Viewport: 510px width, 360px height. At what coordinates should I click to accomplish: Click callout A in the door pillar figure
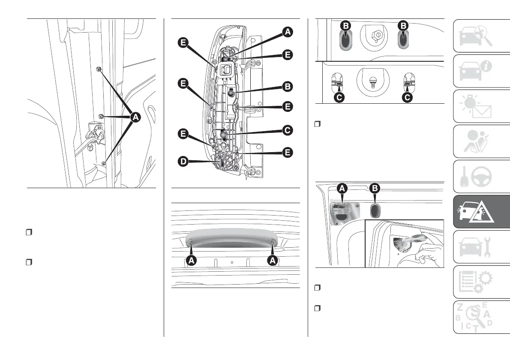click(x=135, y=117)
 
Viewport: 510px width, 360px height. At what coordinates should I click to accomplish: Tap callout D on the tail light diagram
click(x=183, y=162)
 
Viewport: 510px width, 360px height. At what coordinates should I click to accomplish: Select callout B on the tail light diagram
click(x=287, y=87)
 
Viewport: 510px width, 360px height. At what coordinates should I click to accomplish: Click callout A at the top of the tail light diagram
click(x=287, y=31)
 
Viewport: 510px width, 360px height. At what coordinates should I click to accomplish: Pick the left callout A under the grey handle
click(x=191, y=260)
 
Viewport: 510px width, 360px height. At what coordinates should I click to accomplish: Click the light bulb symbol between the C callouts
click(x=372, y=81)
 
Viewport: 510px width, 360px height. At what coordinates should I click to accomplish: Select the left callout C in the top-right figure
click(x=339, y=98)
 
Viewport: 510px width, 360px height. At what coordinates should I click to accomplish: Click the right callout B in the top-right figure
click(x=403, y=26)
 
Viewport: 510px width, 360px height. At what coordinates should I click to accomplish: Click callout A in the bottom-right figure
click(x=342, y=188)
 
